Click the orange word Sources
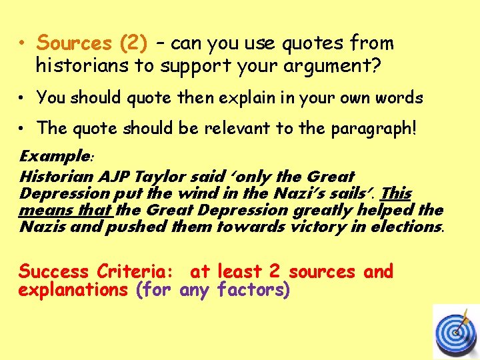pos(75,43)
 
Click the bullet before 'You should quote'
pos(22,98)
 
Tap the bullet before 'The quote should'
pos(22,128)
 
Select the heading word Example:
pos(57,157)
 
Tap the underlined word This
pos(397,193)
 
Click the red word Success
pos(54,272)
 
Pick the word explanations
pos(73,291)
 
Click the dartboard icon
pos(456,331)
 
